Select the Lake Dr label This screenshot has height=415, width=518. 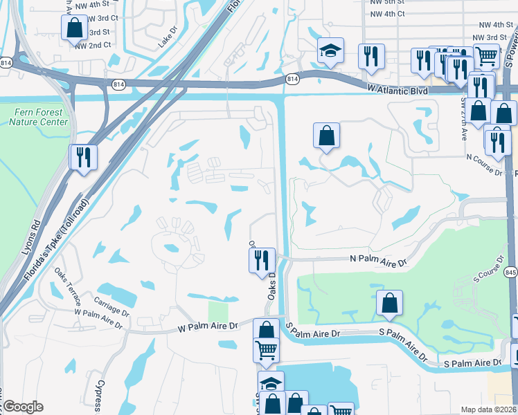click(168, 37)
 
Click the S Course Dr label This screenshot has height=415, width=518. click(486, 273)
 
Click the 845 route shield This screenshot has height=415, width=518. click(511, 270)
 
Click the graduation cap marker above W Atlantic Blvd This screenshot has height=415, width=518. click(330, 50)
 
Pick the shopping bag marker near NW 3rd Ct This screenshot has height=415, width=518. click(74, 28)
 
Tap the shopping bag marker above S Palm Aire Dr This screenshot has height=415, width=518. click(390, 302)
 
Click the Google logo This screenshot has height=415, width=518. click(24, 407)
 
